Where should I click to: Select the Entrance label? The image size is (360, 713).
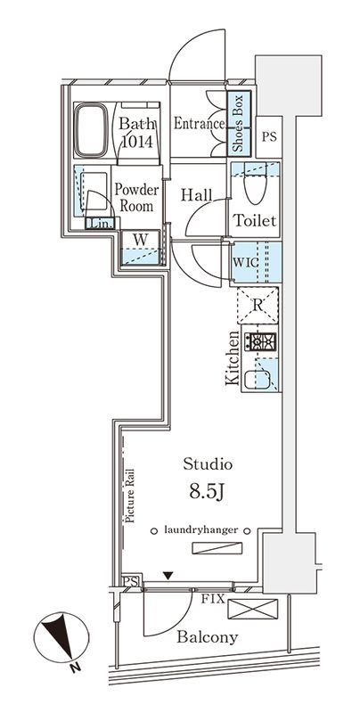click(x=198, y=124)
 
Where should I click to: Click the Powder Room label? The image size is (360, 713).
click(x=136, y=197)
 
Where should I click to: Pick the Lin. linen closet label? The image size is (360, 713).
click(x=100, y=224)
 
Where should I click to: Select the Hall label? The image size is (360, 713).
click(x=195, y=193)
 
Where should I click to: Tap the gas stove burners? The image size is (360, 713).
click(x=262, y=341)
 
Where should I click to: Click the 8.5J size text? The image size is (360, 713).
click(x=208, y=489)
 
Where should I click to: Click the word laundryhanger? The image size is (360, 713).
click(x=202, y=529)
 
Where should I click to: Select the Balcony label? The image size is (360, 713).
click(x=207, y=637)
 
